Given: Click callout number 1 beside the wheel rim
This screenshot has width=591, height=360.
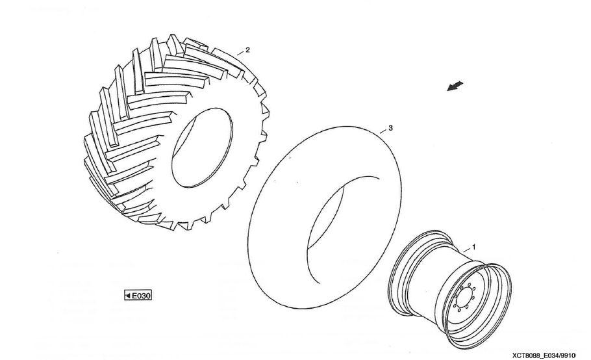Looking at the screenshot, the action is [474, 248].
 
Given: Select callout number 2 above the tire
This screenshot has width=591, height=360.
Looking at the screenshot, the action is [247, 50].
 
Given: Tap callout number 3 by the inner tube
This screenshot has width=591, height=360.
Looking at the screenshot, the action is [390, 128].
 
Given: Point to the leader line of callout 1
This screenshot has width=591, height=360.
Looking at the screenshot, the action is [466, 250].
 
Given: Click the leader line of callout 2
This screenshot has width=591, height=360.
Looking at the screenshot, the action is [240, 53].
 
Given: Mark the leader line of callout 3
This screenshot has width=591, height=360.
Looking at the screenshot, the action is [383, 131].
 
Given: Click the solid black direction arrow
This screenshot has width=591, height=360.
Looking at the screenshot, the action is [455, 86].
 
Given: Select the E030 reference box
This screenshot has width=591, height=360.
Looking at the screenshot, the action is [138, 296].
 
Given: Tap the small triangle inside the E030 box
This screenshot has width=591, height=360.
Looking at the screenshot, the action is [128, 296].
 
